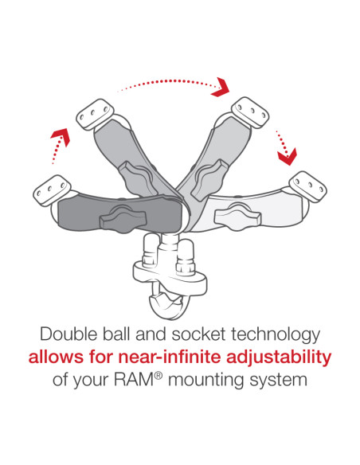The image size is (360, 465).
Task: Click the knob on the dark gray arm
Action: tap(122, 215)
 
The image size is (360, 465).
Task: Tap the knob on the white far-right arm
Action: tap(240, 214)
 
